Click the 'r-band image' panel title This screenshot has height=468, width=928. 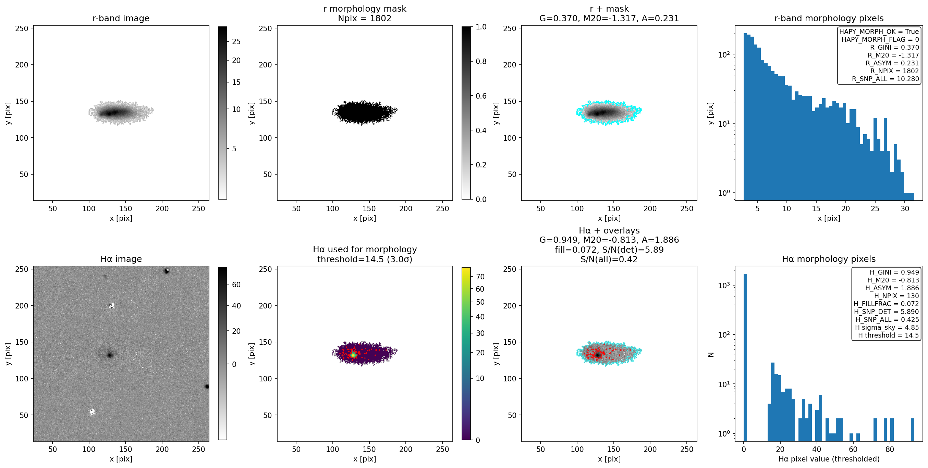[121, 18]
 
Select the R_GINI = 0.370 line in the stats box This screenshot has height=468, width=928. [894, 48]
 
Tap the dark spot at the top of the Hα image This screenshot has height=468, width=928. [167, 271]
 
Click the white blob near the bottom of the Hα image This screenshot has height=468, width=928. [92, 412]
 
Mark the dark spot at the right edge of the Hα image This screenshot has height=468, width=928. [207, 387]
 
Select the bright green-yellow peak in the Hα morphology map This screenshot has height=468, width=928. [353, 355]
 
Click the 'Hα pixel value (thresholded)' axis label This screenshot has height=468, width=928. [829, 459]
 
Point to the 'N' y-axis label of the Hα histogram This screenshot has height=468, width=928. [711, 354]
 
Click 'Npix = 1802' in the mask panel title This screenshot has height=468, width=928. [365, 18]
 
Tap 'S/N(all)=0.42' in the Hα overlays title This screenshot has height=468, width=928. [609, 259]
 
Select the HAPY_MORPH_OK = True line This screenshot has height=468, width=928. [879, 32]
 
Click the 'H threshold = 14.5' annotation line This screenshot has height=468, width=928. [888, 335]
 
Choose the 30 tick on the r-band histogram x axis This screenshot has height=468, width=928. [905, 208]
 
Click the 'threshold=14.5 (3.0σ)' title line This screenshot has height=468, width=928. [365, 259]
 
